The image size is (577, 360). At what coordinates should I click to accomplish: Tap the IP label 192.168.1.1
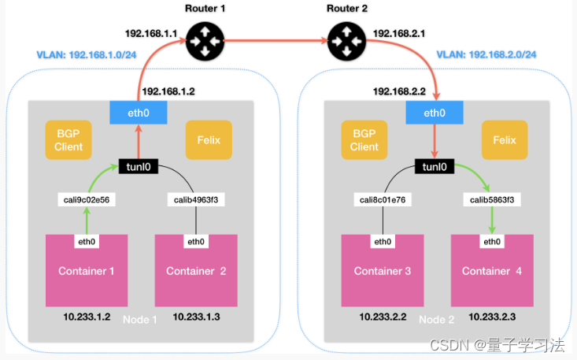150,34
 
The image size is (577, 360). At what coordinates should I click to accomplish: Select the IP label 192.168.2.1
399,34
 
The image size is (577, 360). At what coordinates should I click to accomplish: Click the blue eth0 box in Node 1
139,113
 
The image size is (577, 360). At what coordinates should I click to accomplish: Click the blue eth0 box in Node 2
435,113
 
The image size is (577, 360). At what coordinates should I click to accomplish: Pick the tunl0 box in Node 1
139,167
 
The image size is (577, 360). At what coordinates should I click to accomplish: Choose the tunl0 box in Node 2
435,167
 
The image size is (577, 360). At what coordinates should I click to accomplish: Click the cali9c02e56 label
87,200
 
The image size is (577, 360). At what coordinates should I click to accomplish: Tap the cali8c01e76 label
383,200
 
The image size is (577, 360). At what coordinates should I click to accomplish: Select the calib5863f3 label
492,200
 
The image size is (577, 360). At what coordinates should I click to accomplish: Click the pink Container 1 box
86,271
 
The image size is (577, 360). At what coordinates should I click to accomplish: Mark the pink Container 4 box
491,271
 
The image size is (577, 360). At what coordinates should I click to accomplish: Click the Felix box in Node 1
209,141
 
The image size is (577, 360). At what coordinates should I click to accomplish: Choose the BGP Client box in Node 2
364,141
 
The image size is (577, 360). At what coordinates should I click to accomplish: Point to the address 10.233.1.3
196,317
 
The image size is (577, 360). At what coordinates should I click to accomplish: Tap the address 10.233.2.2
383,317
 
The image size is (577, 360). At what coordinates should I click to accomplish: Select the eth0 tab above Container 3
383,241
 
